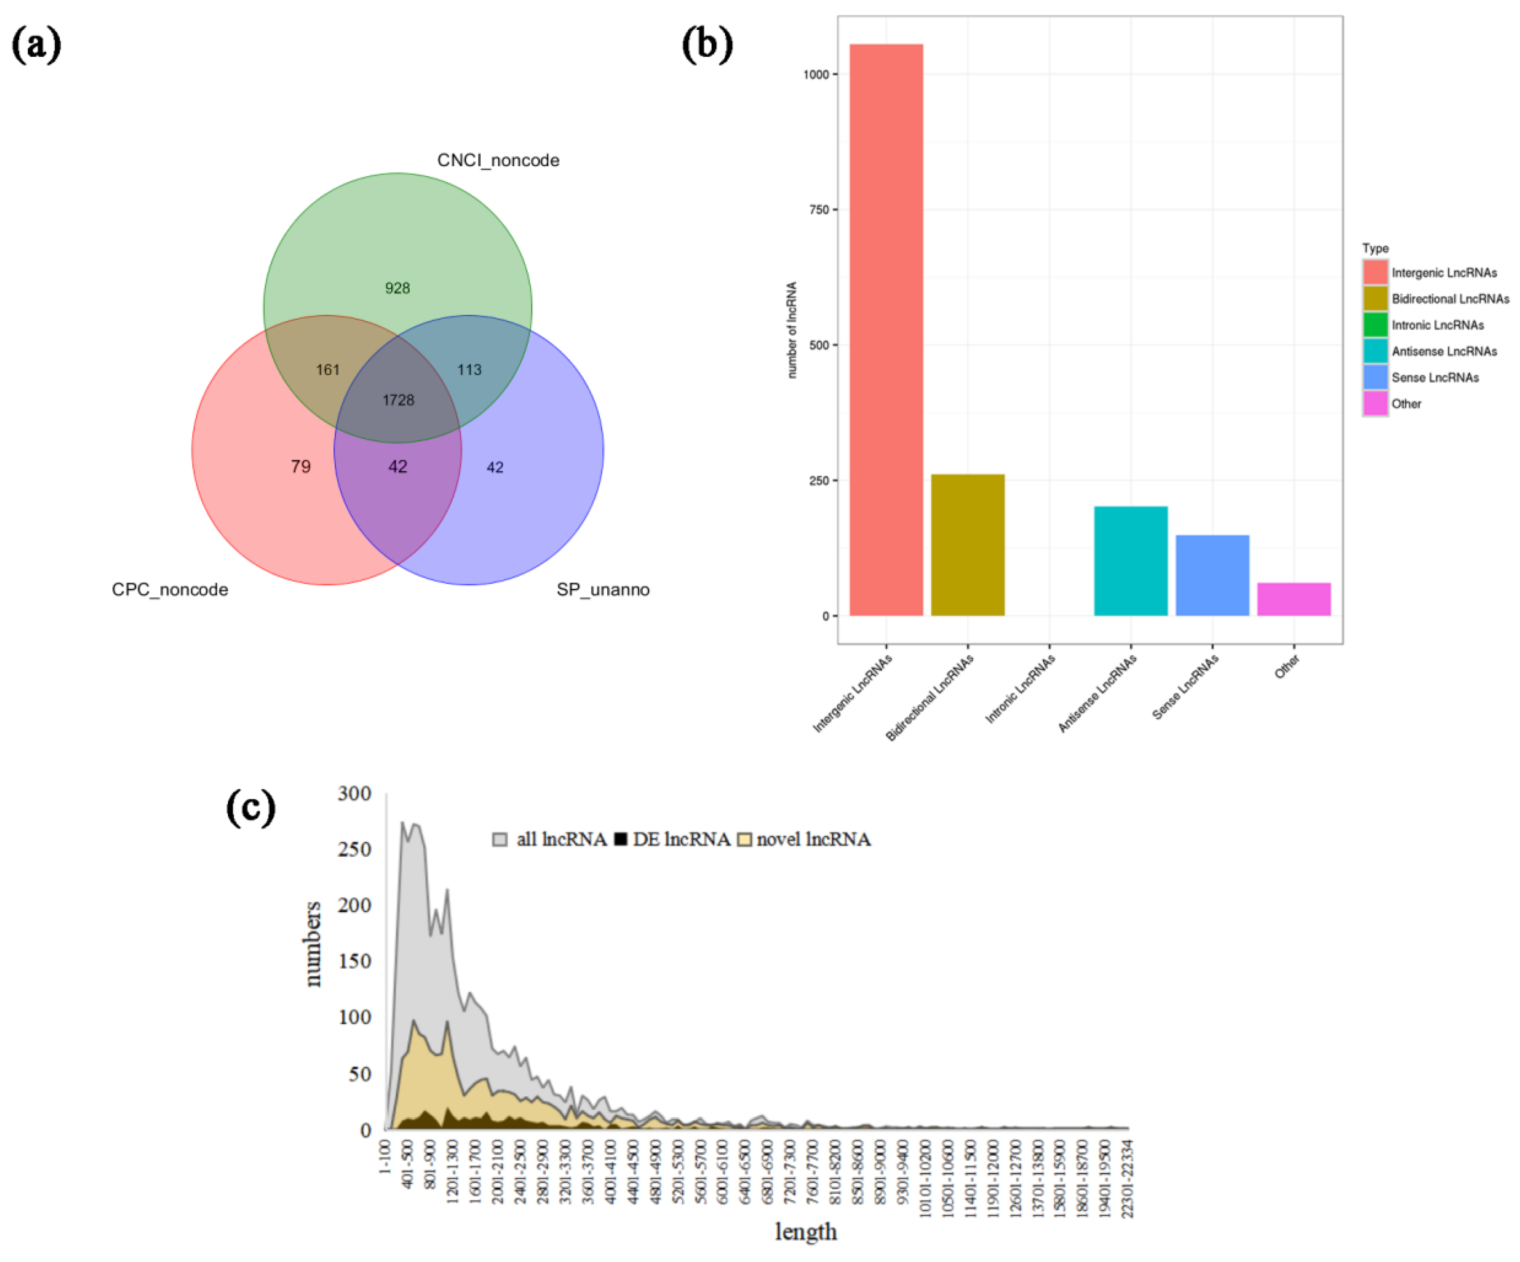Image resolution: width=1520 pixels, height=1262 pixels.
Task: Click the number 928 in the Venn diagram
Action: [397, 288]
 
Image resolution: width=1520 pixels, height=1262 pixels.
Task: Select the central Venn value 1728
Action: [398, 400]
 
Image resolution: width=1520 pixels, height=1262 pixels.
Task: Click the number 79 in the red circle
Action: [300, 466]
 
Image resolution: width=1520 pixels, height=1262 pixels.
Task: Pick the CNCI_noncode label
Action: [498, 160]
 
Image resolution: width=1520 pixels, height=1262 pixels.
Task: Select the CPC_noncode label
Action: [170, 589]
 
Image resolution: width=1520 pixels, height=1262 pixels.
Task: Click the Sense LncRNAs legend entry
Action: [1434, 377]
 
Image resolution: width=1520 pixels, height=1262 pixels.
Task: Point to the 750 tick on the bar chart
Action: [819, 209]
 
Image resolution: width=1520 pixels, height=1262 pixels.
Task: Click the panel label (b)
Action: [707, 45]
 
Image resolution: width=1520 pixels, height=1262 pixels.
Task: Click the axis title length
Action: [806, 1231]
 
